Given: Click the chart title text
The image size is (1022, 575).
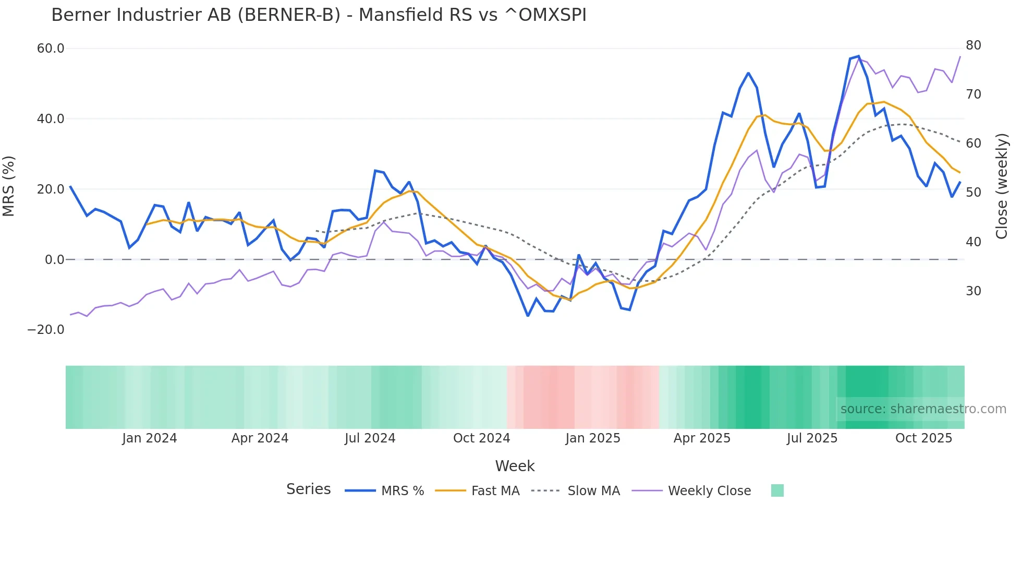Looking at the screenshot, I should pos(319,15).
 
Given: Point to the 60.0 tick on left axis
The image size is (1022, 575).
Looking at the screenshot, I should pos(51,49).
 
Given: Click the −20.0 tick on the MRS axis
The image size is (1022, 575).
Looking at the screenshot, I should pos(46,330).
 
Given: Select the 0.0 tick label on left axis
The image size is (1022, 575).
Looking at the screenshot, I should pos(54,259).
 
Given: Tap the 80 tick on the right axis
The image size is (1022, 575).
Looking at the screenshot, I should pos(973,45).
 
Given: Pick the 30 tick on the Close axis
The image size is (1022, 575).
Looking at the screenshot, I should pos(973,291).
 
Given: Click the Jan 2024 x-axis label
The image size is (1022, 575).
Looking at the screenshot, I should pos(150,438).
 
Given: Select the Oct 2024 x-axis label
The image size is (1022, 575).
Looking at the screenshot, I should pos(481,438).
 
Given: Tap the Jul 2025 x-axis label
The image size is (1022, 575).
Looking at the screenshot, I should pos(812,438).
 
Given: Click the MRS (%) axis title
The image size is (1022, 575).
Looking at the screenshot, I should pos(9,186).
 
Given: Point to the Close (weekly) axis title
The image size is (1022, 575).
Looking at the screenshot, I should pos(1001,186).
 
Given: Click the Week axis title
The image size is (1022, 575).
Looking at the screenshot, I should pos(515,466).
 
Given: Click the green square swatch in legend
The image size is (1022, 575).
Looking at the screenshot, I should pos(777,490).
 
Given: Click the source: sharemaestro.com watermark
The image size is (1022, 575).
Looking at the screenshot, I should pos(923,409).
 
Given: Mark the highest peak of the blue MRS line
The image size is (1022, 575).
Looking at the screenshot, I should pos(858,56).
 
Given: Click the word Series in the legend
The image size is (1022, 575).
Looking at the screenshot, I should pos(308,489).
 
